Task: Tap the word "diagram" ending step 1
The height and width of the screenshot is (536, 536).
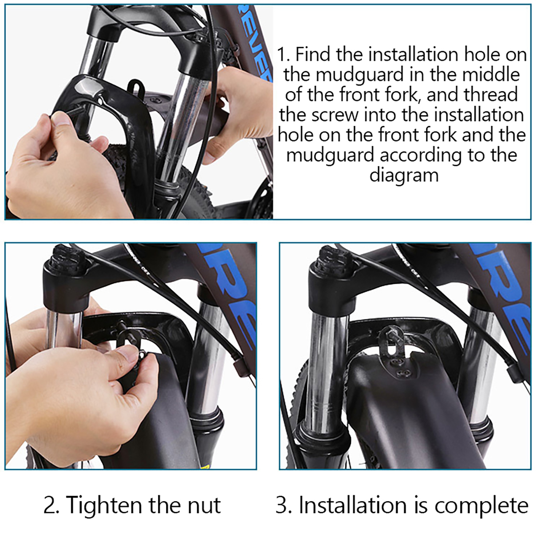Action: [x=404, y=175]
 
